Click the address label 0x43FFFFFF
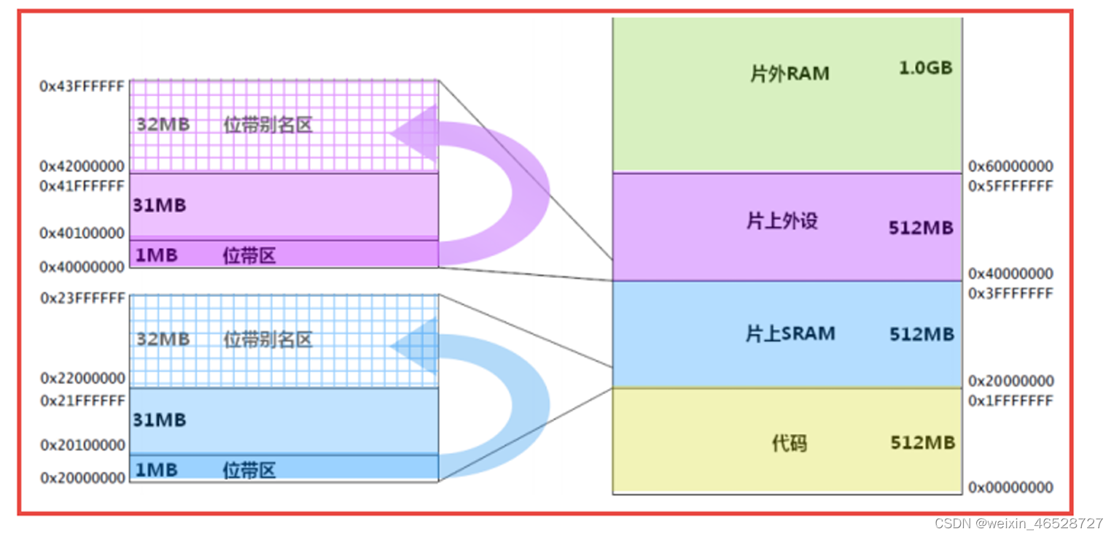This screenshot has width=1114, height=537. tap(82, 86)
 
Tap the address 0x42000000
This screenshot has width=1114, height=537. tap(82, 166)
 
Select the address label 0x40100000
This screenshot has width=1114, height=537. tap(82, 233)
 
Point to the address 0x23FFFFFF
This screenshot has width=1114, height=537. tap(82, 298)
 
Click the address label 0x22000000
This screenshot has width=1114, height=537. tap(82, 379)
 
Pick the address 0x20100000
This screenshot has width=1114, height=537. tap(82, 445)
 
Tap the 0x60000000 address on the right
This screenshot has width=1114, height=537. tap(1010, 167)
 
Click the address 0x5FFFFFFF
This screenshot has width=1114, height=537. tap(1010, 186)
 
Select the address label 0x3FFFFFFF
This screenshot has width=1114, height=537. tap(1010, 293)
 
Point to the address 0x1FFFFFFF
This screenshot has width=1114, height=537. tap(1010, 401)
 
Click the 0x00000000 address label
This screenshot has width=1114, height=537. tap(1010, 487)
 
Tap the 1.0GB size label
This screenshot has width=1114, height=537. tap(925, 68)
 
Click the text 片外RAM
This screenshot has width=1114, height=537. tap(790, 74)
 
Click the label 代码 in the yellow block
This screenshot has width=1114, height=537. tap(789, 443)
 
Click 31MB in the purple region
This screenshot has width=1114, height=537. tap(160, 206)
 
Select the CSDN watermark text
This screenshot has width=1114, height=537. tap(1018, 524)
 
